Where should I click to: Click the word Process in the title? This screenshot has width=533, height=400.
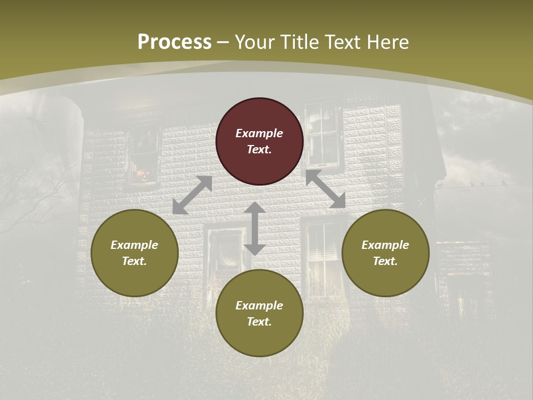pyautogui.click(x=174, y=42)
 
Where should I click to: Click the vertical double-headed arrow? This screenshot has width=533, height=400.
pyautogui.click(x=255, y=229)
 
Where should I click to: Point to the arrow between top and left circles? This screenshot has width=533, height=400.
pyautogui.click(x=192, y=195)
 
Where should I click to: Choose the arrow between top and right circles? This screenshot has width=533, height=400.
pyautogui.click(x=326, y=189)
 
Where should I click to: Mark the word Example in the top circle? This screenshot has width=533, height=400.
pyautogui.click(x=259, y=133)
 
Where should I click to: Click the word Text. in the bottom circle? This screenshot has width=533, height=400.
pyautogui.click(x=259, y=322)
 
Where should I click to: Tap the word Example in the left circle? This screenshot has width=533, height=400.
pyautogui.click(x=134, y=245)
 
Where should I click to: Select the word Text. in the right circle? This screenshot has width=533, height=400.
pyautogui.click(x=385, y=261)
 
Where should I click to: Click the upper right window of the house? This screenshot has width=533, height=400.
pyautogui.click(x=323, y=133)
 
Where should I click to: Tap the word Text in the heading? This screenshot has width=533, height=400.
pyautogui.click(x=338, y=42)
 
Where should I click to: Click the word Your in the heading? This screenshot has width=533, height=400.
pyautogui.click(x=253, y=42)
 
